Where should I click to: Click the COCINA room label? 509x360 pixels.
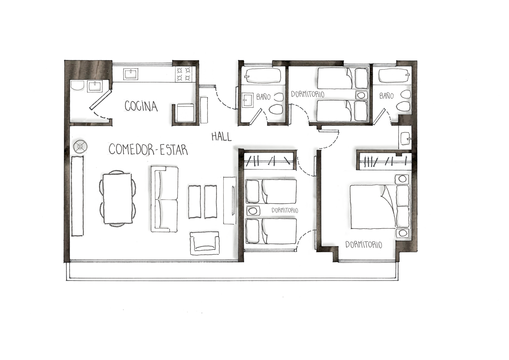coord(141,106)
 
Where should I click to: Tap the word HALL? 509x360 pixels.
coord(221,137)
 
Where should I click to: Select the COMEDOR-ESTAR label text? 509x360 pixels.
coord(148,150)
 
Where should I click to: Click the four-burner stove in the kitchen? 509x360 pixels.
coord(184,74)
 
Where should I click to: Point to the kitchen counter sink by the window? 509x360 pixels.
coord(131,74)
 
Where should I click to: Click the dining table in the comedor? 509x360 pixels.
coord(117,198)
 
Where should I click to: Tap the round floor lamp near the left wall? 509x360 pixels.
coord(80,146)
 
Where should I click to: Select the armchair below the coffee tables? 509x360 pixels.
coord(204,243)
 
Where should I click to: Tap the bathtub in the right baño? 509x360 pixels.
coord(393,76)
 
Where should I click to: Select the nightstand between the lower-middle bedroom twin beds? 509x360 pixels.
coord(253,211)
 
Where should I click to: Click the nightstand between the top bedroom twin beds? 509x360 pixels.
coord(361,95)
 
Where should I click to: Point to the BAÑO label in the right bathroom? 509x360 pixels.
coord(386,96)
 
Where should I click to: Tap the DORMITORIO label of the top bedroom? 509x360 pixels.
coord(308,94)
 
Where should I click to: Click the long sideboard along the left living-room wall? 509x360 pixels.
coord(77,196)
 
